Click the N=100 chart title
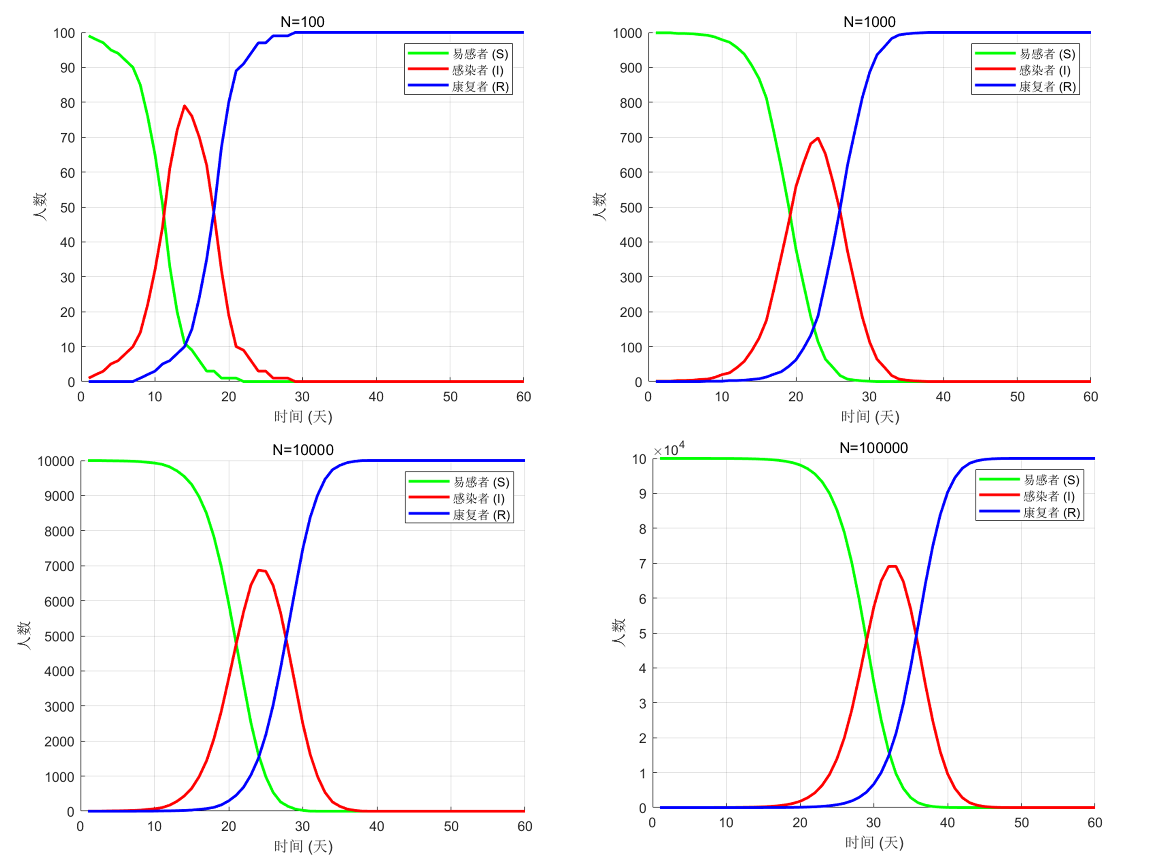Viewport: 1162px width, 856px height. pyautogui.click(x=302, y=22)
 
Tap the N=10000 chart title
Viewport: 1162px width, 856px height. pyautogui.click(x=303, y=450)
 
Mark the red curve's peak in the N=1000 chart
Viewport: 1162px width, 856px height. pyautogui.click(x=818, y=138)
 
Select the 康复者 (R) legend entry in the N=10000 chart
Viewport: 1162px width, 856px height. pyautogui.click(x=481, y=515)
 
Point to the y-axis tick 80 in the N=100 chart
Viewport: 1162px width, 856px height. pyautogui.click(x=67, y=103)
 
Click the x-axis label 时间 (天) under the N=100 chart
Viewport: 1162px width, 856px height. pyautogui.click(x=303, y=417)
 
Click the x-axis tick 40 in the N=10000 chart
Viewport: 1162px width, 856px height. pyautogui.click(x=376, y=826)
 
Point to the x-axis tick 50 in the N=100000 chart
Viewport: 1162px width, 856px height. pyautogui.click(x=1021, y=822)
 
